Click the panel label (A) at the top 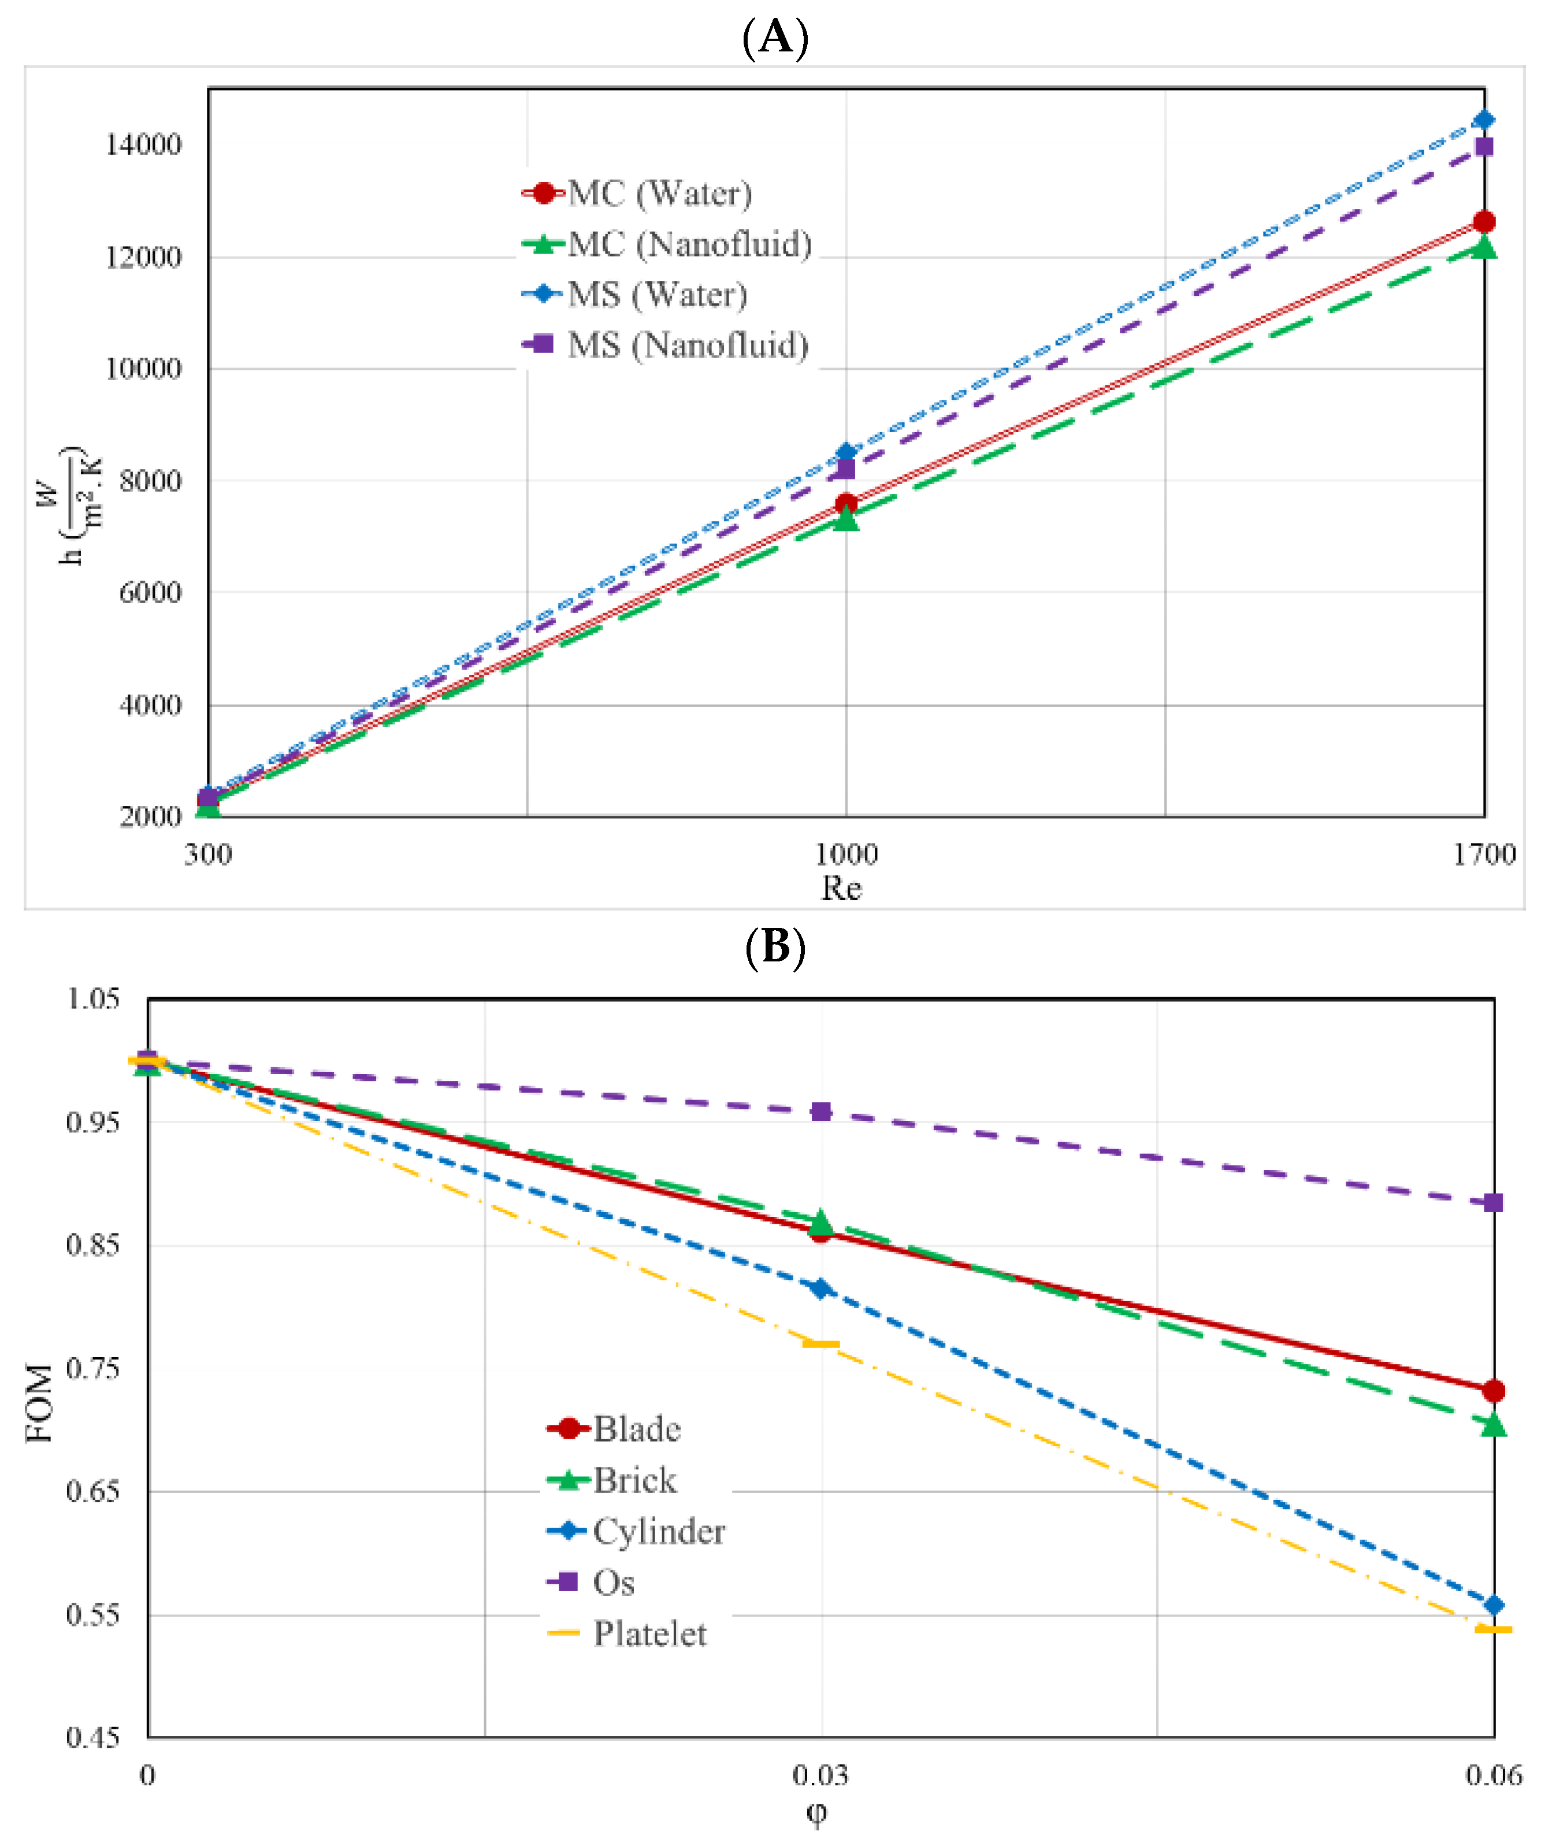point(774,37)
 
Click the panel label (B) point(774,948)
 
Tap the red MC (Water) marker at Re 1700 point(1484,221)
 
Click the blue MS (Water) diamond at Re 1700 point(1484,120)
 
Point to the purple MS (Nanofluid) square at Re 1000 point(846,469)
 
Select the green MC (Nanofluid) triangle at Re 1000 point(846,519)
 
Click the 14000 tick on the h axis point(143,145)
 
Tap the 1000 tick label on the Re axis point(846,853)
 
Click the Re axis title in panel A point(841,889)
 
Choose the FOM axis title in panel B point(39,1403)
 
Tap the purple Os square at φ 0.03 point(821,1112)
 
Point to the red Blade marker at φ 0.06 point(1494,1391)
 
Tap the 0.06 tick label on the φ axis point(1494,1776)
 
